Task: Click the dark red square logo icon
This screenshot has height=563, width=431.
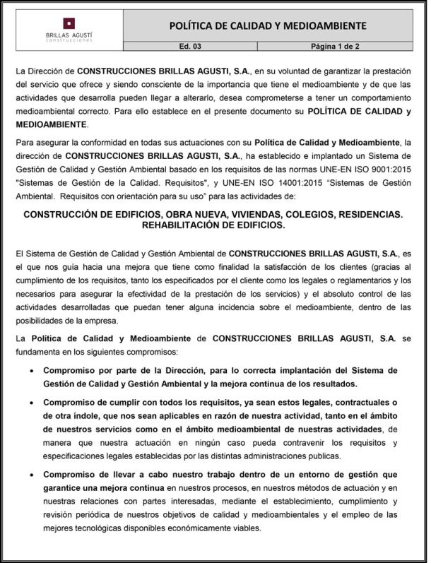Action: pos(68,23)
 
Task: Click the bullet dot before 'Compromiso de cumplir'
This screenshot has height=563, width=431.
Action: pos(29,403)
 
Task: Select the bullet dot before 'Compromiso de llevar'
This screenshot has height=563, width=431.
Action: pos(29,475)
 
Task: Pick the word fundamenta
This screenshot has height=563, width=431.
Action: pos(41,351)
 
